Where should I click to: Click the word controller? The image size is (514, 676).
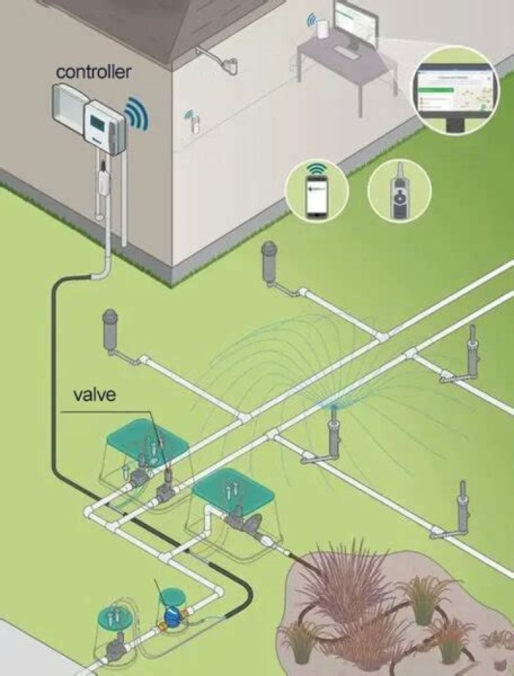[93, 72]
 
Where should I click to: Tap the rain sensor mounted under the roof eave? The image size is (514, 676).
[230, 65]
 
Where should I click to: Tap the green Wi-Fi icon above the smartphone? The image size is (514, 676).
[316, 171]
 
